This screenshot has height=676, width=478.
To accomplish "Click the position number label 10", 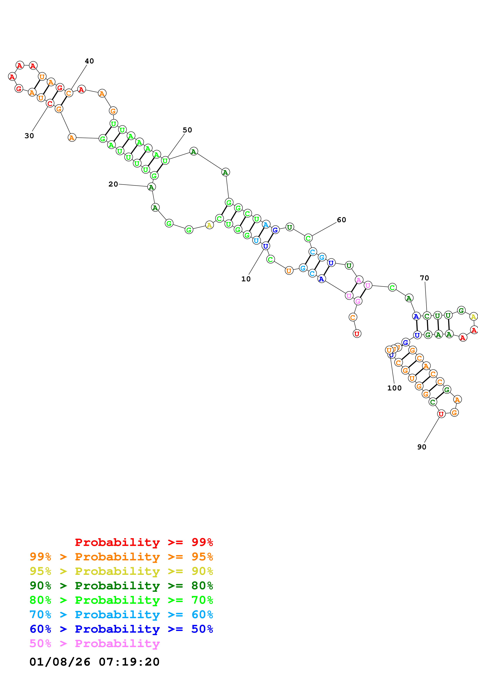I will pyautogui.click(x=246, y=279).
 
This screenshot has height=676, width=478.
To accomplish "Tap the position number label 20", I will pyautogui.click(x=113, y=184).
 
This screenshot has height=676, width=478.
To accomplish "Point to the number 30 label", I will pyautogui.click(x=29, y=136).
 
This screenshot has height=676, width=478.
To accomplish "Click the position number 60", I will pyautogui.click(x=341, y=220).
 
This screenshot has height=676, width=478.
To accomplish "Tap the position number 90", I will pyautogui.click(x=422, y=447).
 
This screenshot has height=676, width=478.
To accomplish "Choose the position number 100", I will pyautogui.click(x=394, y=388).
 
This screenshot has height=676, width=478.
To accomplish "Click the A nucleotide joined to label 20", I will pyautogui.click(x=151, y=187).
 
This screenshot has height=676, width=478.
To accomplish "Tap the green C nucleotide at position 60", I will pyautogui.click(x=308, y=238).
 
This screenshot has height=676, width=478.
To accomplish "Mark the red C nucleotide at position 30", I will pyautogui.click(x=50, y=103).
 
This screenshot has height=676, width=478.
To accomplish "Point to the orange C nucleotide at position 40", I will pyautogui.click(x=69, y=93).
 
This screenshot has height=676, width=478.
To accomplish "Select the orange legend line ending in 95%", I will pyautogui.click(x=121, y=557).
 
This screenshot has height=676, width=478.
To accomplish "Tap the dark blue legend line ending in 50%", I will pyautogui.click(x=121, y=629).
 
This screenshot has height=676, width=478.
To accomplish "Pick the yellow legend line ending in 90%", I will pyautogui.click(x=121, y=571).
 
